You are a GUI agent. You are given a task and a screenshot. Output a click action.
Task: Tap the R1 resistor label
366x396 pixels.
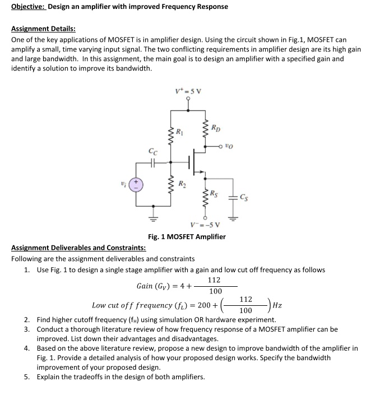[180, 133]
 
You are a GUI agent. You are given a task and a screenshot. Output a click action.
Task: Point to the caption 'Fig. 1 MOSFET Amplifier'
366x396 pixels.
[187, 236]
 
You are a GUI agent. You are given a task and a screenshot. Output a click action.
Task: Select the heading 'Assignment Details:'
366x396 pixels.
[43, 29]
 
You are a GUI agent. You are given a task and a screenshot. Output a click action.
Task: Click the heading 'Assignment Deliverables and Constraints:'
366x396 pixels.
[78, 248]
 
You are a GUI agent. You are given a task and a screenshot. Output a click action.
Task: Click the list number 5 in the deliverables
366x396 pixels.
[27, 376]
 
